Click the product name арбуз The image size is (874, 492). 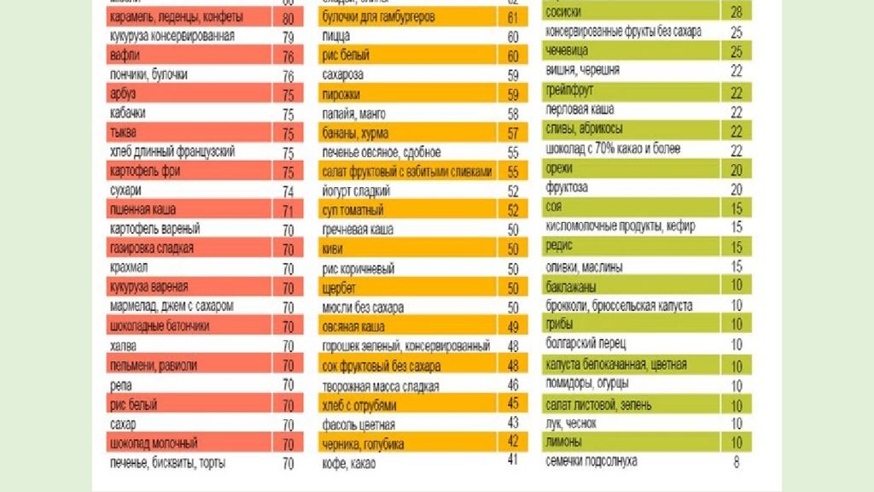pos(123,94)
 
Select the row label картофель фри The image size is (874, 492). pos(145,171)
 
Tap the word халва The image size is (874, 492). pos(124,345)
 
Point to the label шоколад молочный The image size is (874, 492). pos(154,443)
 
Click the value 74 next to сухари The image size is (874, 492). pos(288,191)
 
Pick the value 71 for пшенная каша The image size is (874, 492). pos(288,210)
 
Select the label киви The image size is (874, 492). pos(333,249)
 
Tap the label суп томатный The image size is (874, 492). pos(353,210)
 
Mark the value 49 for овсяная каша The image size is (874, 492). pos(513,326)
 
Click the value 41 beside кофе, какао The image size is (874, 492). pos(513,460)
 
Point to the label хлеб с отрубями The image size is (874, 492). pos(360,404)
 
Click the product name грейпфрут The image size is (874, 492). pos(570,91)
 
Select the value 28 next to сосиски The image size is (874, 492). pos(736,13)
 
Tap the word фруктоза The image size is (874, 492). pos(568,188)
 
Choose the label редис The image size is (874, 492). pos(560,245)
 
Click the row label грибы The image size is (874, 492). pos(560,325)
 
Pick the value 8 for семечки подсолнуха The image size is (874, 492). pos(736,462)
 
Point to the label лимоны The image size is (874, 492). pos(564,442)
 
